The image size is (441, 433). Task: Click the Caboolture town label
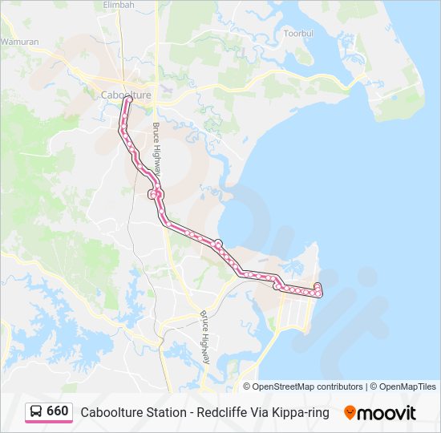(126, 95)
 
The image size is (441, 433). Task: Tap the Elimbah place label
(119, 5)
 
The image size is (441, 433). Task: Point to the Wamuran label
(19, 41)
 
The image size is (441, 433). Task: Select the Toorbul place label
(298, 34)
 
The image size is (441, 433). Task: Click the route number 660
(58, 411)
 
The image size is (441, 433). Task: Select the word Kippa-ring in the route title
(301, 412)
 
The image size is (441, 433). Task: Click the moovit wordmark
(387, 412)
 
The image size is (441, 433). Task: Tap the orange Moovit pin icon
(350, 412)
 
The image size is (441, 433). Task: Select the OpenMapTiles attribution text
(405, 386)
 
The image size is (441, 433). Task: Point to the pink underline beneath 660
(48, 422)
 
